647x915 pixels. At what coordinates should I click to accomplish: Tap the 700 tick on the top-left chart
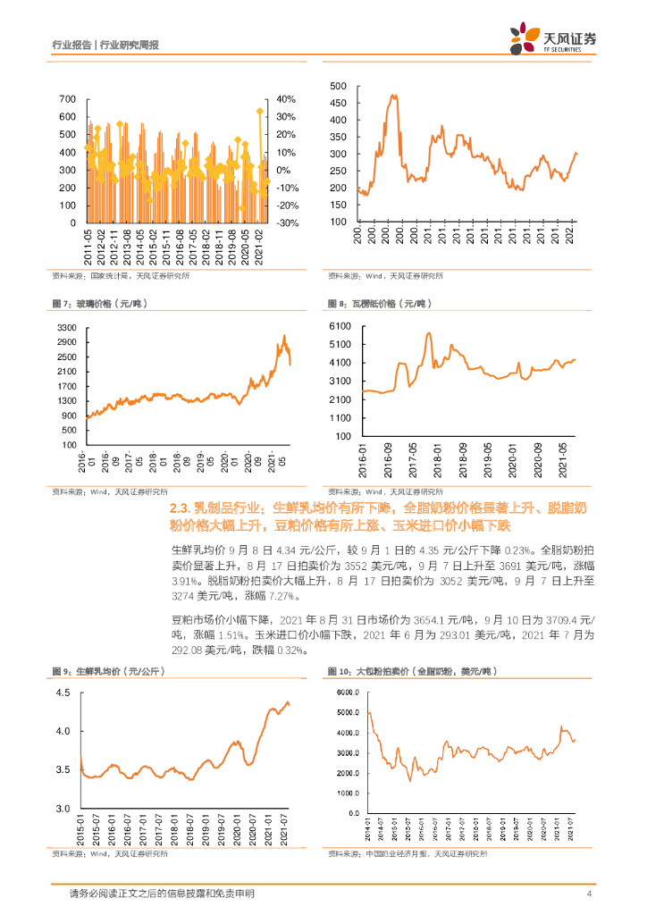click(x=66, y=99)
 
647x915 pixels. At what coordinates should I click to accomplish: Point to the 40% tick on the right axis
click(x=286, y=99)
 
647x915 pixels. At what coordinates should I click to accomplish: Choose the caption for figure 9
click(x=99, y=669)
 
